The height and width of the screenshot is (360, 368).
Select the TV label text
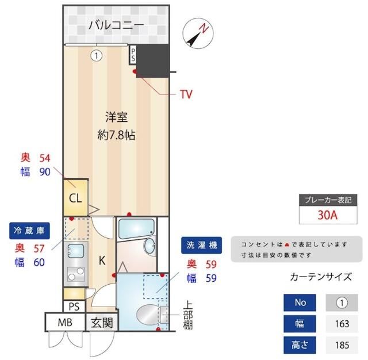pyautogui.click(x=186, y=94)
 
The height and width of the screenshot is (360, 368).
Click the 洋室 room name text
pyautogui.click(x=116, y=117)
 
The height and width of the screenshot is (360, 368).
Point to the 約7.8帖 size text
pyautogui.click(x=116, y=136)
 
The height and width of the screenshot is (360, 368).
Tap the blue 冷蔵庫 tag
pyautogui.click(x=28, y=231)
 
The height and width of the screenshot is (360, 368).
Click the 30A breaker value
pyautogui.click(x=327, y=216)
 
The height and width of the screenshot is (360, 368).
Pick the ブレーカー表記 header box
pyautogui.click(x=327, y=200)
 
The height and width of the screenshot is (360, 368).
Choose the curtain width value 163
pyautogui.click(x=342, y=324)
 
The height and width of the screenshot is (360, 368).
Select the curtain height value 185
pyautogui.click(x=342, y=346)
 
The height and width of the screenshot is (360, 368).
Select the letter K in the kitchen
pyautogui.click(x=101, y=260)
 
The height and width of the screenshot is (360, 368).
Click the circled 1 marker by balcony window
pyautogui.click(x=97, y=56)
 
